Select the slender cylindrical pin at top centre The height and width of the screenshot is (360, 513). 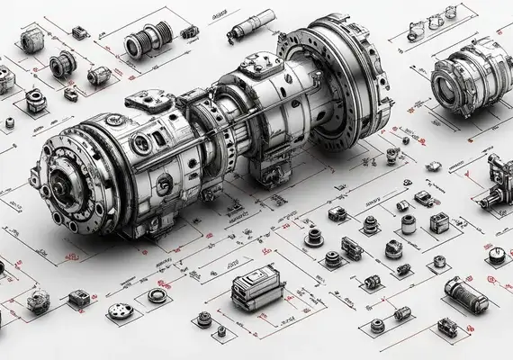point(255,23)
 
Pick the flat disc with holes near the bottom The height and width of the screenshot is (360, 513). point(121,311)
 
